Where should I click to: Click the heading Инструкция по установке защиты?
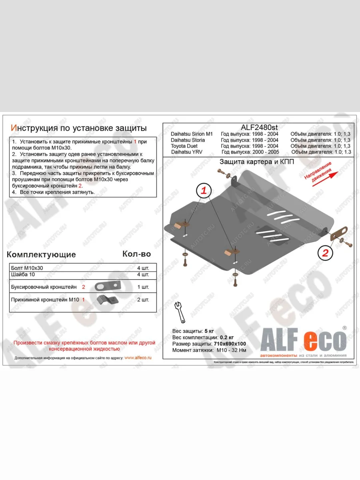pos(78,128)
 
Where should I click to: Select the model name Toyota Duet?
pos(184,146)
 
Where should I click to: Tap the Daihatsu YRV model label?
pos(185,152)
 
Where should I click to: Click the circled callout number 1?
pos(203,191)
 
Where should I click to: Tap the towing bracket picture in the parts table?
pos(108,286)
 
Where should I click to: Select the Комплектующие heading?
pos(41,254)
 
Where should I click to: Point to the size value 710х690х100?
pos(229,344)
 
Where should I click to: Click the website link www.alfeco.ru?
pos(138,358)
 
